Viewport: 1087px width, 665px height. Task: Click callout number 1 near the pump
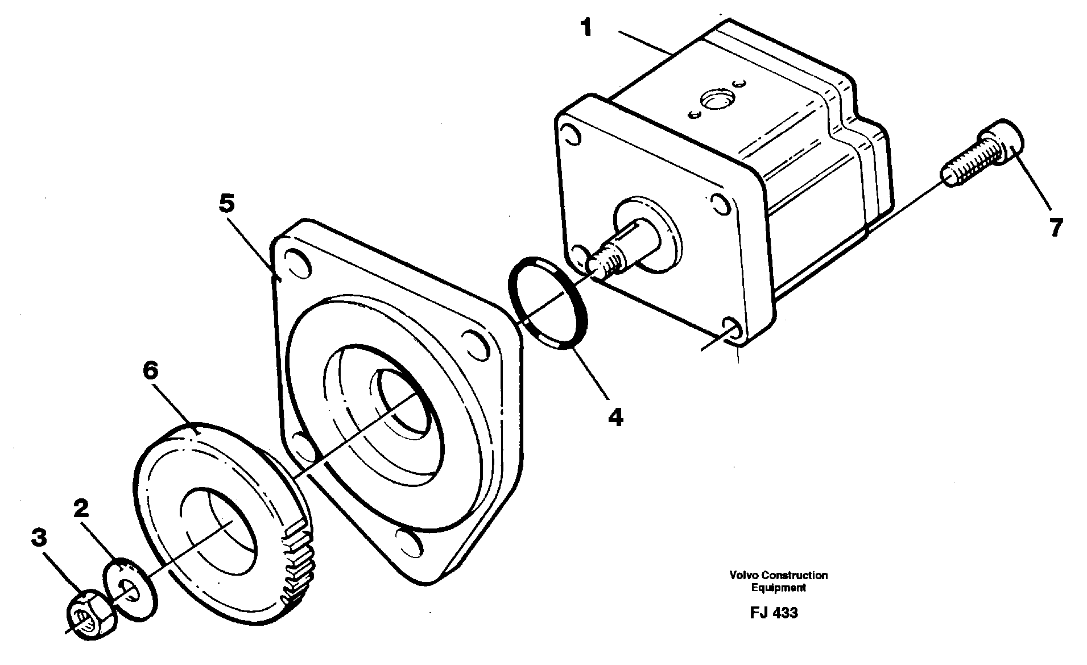pyautogui.click(x=586, y=27)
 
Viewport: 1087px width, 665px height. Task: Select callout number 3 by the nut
pyautogui.click(x=38, y=538)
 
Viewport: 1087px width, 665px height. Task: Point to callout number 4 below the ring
pyautogui.click(x=615, y=418)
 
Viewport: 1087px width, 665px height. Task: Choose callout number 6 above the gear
pyautogui.click(x=150, y=371)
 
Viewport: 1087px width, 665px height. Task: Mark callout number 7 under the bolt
pyautogui.click(x=1055, y=228)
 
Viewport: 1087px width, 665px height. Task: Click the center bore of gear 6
pyautogui.click(x=219, y=526)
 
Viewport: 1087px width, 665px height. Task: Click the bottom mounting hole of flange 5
pyautogui.click(x=410, y=542)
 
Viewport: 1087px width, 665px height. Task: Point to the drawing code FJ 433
pyautogui.click(x=774, y=613)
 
